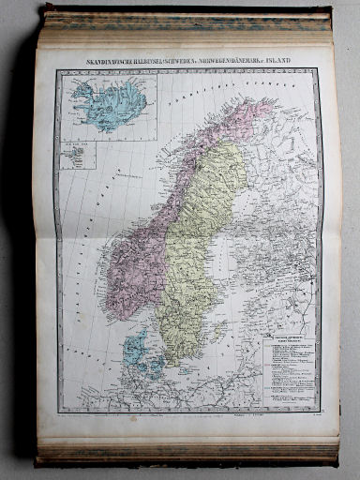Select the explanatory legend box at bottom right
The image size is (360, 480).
(291, 371)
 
